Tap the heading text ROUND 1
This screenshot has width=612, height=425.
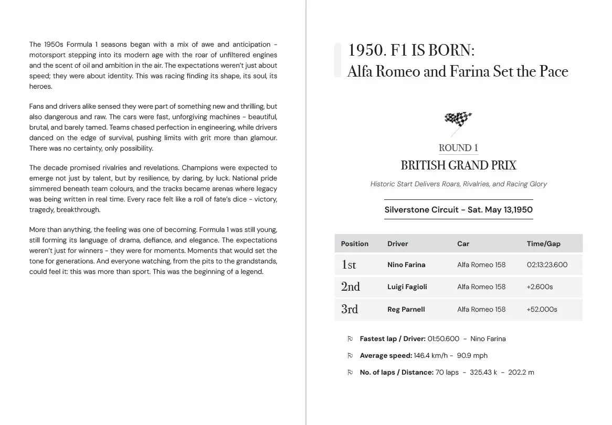tap(458, 148)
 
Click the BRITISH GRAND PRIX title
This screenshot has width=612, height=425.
tap(458, 166)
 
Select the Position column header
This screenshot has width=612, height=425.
tap(355, 243)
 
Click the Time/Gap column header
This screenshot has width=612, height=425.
tap(543, 243)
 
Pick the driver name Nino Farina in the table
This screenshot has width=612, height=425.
tap(406, 264)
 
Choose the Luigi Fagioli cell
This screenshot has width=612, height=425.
tap(407, 286)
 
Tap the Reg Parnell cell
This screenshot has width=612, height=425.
tap(406, 309)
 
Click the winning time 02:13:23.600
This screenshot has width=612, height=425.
tap(547, 264)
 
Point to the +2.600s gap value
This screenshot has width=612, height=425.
tap(540, 286)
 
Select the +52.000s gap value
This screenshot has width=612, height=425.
tap(542, 309)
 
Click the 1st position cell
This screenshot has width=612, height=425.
tap(349, 265)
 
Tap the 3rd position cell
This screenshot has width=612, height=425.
tap(350, 309)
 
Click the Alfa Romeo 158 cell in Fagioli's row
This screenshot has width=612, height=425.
tap(481, 286)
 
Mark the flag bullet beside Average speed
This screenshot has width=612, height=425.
tap(350, 356)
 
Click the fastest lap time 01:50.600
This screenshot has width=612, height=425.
tap(443, 339)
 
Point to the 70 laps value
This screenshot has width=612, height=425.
tap(447, 373)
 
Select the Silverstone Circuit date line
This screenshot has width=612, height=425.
tap(458, 210)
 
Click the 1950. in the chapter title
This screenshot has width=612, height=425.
tap(367, 50)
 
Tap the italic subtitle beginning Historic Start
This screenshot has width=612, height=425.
tap(458, 184)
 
